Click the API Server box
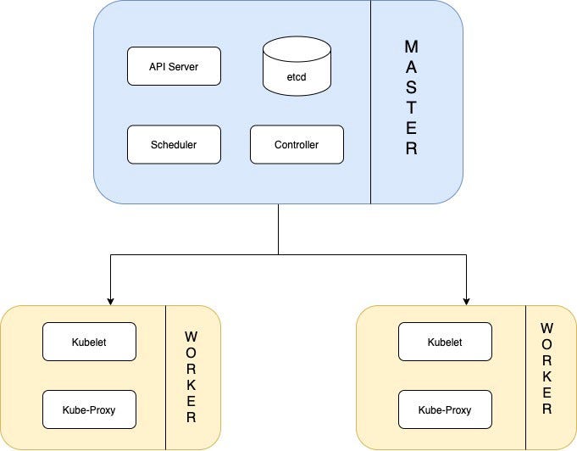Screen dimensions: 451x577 [x=174, y=67]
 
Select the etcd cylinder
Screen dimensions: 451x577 [x=297, y=65]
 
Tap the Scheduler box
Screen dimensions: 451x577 [x=174, y=145]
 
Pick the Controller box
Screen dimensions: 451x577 [x=297, y=145]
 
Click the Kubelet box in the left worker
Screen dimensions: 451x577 [x=89, y=342]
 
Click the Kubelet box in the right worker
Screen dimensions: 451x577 [x=444, y=342]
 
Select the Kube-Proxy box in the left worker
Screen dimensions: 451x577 [x=89, y=410]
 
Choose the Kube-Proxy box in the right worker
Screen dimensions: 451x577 [x=444, y=410]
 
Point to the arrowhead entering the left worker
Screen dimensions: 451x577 [x=109, y=300]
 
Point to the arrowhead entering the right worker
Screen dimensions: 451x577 [x=466, y=300]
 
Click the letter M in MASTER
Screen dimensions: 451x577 [x=411, y=47]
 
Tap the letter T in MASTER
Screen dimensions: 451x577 [x=411, y=109]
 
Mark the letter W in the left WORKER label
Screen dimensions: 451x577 [x=191, y=337]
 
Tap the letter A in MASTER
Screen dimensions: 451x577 [x=411, y=67]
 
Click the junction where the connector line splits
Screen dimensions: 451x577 [x=279, y=253]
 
